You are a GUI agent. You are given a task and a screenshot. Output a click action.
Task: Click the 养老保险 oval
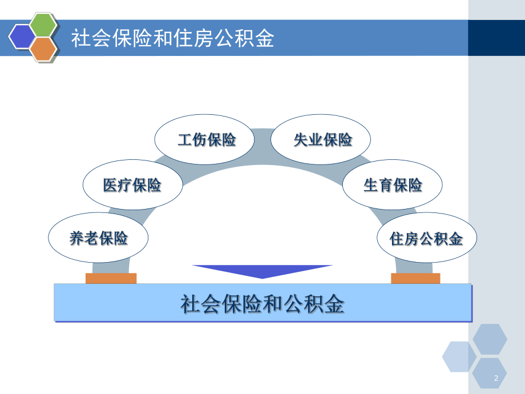(x=98, y=238)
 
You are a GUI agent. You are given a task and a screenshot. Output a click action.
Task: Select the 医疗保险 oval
(x=132, y=185)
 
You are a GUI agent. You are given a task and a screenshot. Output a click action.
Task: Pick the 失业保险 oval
(x=321, y=139)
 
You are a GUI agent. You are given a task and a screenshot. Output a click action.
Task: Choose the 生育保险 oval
(x=393, y=185)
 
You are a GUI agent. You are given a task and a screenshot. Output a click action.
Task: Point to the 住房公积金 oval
(x=426, y=238)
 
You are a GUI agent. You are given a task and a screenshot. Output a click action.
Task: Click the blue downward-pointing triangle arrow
(x=262, y=271)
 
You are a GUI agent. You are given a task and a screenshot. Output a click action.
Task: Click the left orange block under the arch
(x=111, y=279)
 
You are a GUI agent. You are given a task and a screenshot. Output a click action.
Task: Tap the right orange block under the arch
(x=415, y=279)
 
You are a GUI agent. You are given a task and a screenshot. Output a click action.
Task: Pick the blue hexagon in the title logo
(x=22, y=37)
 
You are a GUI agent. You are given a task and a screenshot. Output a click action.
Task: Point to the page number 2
(x=496, y=378)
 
